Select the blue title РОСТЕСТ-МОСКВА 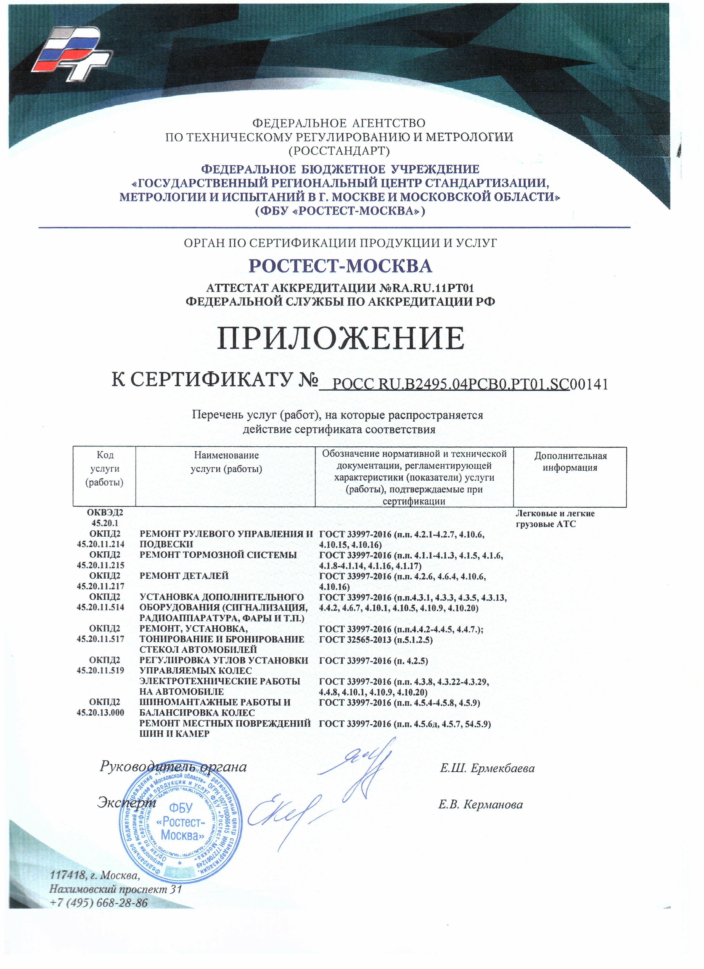(340, 266)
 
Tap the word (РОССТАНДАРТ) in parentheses (340, 151)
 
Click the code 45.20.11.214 (101, 544)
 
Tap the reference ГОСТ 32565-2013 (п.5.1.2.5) (376, 640)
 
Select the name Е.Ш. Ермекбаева (487, 769)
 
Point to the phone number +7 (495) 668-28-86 (99, 903)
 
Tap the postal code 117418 (68, 875)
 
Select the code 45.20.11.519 (101, 670)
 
